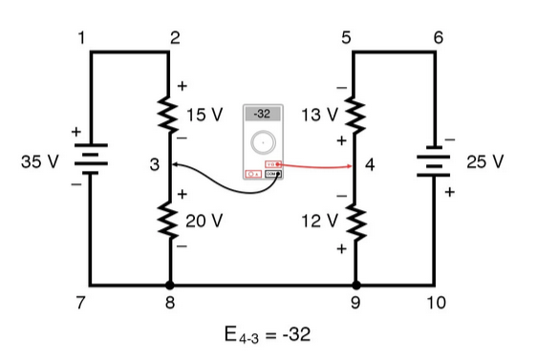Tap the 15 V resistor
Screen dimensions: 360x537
170,116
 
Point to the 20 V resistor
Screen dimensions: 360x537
170,220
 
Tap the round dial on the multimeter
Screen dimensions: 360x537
261,144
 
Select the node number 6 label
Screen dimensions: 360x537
438,38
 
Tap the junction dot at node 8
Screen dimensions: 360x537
170,285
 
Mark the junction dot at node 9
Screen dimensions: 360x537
355,285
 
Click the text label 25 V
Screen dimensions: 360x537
484,160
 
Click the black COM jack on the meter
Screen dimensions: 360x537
271,175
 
